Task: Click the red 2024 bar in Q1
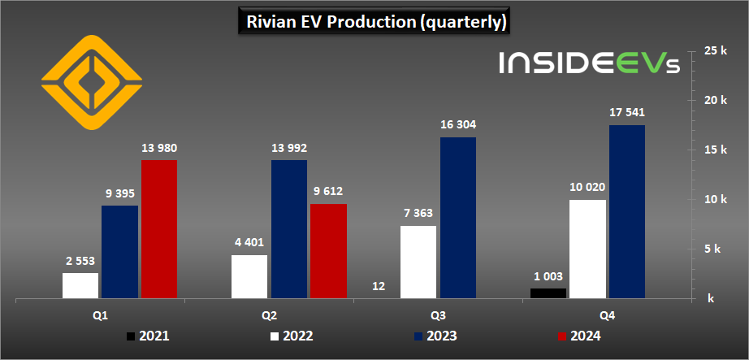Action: coord(158,229)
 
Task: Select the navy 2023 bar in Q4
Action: coord(626,211)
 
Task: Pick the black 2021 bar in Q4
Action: coord(548,293)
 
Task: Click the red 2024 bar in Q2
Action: coord(327,251)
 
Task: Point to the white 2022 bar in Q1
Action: coord(80,285)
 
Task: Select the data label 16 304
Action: coord(457,125)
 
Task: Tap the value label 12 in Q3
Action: coord(379,286)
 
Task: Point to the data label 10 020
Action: coord(587,187)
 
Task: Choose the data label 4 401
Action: coord(249,242)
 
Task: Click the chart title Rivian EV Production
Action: coord(374,22)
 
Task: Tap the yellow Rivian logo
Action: coord(91,83)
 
